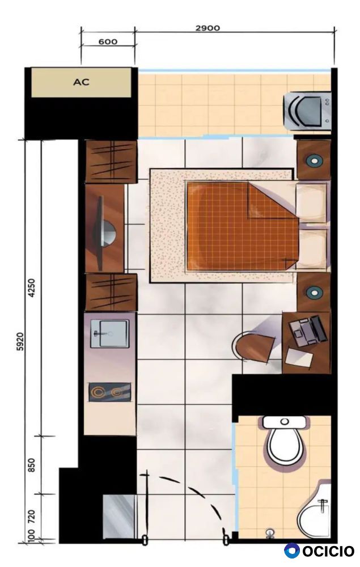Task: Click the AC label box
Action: pyautogui.click(x=81, y=82)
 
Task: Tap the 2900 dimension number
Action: pyautogui.click(x=207, y=28)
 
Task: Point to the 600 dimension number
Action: pyautogui.click(x=108, y=41)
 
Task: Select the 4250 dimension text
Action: pyautogui.click(x=32, y=288)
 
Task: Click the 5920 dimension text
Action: pyautogui.click(x=20, y=342)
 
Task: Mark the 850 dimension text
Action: pyautogui.click(x=32, y=465)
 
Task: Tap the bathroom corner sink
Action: pyautogui.click(x=314, y=511)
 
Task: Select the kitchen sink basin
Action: pyautogui.click(x=109, y=333)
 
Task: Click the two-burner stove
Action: pyautogui.click(x=110, y=392)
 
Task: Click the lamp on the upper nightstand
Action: pyautogui.click(x=314, y=160)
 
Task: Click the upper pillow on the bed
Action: pyautogui.click(x=311, y=202)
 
